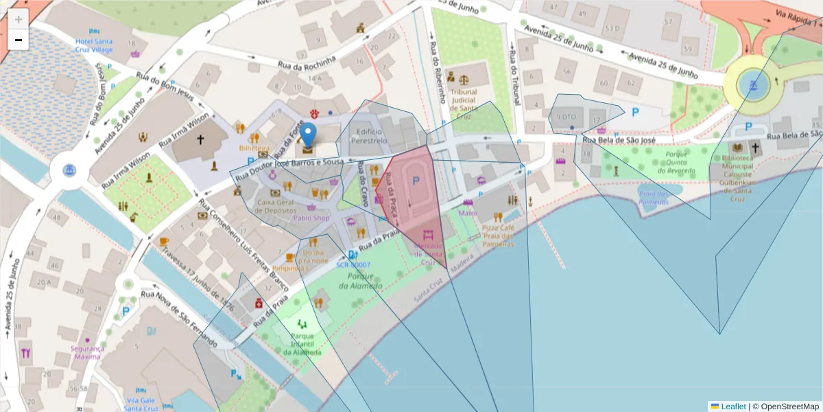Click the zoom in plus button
pyautogui.click(x=18, y=19)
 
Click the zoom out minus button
pyautogui.click(x=18, y=40)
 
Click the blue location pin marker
pyautogui.click(x=309, y=135)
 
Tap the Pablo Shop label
pyautogui.click(x=311, y=218)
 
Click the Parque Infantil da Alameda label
pyautogui.click(x=302, y=344)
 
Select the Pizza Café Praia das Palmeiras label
pyautogui.click(x=498, y=236)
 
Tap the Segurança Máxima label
pyautogui.click(x=87, y=352)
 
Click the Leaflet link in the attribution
pyautogui.click(x=732, y=407)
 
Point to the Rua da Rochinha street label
pyautogui.click(x=307, y=63)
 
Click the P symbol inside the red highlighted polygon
pyautogui.click(x=414, y=180)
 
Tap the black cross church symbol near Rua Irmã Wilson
pyautogui.click(x=200, y=139)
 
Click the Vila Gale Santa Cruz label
pyautogui.click(x=142, y=404)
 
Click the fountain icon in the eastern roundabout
pyautogui.click(x=753, y=84)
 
